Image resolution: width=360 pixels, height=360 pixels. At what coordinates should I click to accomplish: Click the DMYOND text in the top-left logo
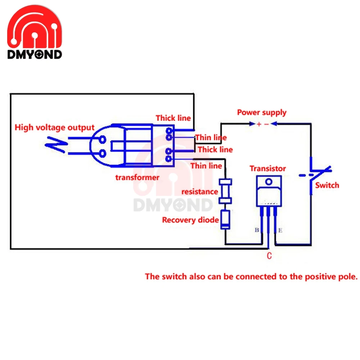(x=35, y=55)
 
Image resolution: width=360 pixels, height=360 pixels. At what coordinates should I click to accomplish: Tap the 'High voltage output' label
(x=54, y=127)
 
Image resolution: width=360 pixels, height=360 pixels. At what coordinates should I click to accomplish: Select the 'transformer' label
(x=137, y=177)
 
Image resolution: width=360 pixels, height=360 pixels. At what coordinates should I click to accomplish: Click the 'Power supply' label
(x=262, y=112)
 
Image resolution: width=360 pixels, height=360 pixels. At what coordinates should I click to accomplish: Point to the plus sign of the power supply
(x=259, y=124)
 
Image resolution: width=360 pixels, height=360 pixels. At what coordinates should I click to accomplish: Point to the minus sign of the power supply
(x=266, y=124)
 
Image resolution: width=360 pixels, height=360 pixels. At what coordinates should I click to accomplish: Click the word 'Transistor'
(x=268, y=168)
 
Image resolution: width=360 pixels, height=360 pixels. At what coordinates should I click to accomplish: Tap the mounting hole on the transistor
(x=269, y=182)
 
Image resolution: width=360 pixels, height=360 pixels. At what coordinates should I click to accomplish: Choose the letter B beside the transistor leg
(x=257, y=230)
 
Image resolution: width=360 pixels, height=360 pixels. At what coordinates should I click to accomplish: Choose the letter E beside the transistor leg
(x=280, y=230)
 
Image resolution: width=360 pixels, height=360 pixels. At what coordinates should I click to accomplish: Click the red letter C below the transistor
(x=269, y=256)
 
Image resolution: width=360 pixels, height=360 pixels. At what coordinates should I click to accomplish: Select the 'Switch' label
(x=327, y=185)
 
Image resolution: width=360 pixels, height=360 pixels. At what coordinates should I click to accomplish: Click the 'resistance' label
(x=200, y=192)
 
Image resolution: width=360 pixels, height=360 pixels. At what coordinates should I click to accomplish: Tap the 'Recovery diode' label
(x=190, y=220)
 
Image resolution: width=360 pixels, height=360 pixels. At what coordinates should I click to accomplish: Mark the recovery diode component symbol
(x=225, y=220)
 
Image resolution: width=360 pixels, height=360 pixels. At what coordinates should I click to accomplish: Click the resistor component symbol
(x=225, y=192)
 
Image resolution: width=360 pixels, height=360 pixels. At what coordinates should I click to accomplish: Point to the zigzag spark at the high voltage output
(x=56, y=145)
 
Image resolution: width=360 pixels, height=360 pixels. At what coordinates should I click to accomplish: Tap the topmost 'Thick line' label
(x=174, y=118)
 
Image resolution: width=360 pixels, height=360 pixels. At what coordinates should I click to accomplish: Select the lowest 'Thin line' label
(x=206, y=166)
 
